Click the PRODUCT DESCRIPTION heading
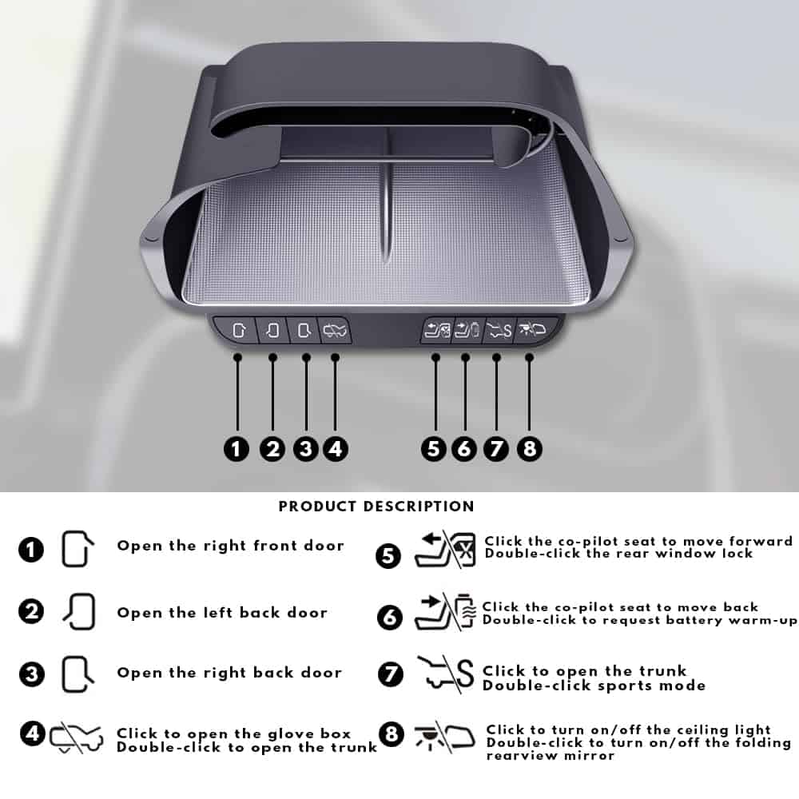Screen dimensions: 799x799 click(376, 506)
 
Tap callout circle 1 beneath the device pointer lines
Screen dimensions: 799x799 click(237, 449)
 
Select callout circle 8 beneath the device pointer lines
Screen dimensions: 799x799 click(530, 449)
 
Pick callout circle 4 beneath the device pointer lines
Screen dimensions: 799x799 click(336, 449)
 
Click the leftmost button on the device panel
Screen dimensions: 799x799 click(238, 330)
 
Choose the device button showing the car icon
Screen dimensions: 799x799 click(334, 330)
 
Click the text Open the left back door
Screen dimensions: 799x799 click(222, 612)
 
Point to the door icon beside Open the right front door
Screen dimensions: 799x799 click(77, 549)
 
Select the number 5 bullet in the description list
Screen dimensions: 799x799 click(388, 555)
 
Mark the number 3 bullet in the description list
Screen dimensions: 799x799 click(32, 674)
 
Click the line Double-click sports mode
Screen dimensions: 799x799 click(594, 686)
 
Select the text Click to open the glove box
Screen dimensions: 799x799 click(234, 733)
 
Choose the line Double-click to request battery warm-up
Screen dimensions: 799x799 click(640, 620)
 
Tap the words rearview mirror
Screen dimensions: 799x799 click(551, 755)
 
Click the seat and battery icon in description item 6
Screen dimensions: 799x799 click(445, 612)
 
